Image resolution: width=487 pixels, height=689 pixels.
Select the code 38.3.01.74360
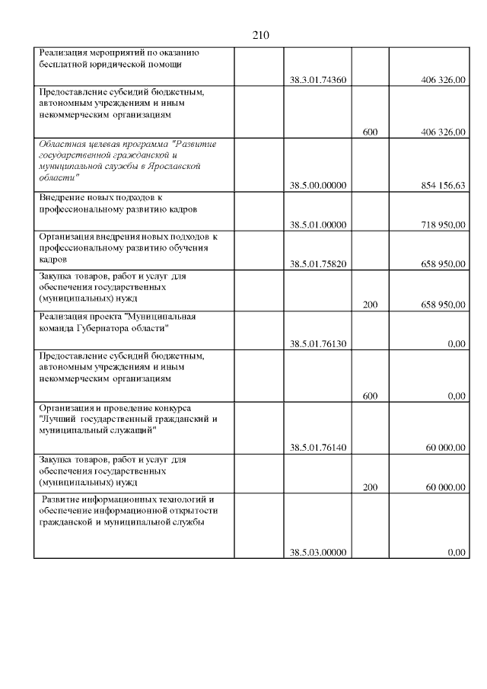click(x=318, y=80)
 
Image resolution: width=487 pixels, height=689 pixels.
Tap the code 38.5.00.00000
click(x=318, y=185)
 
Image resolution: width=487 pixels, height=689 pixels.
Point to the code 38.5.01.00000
click(x=318, y=225)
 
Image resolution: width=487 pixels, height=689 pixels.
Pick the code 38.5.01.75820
click(x=318, y=264)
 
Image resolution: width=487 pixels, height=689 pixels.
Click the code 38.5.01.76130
click(x=318, y=344)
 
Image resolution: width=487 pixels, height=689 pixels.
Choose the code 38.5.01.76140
click(x=318, y=448)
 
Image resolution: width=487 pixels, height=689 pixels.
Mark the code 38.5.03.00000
click(x=318, y=553)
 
